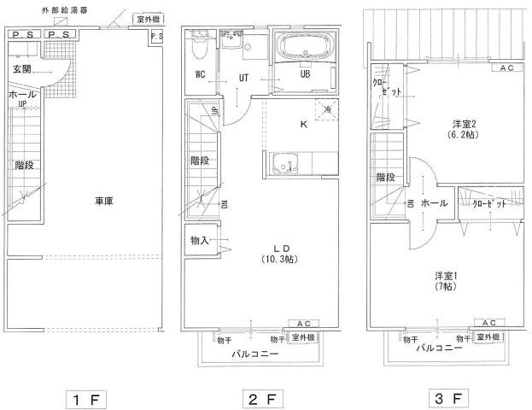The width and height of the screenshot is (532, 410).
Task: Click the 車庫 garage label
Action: tap(104, 202)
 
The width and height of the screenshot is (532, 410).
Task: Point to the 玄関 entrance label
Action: tap(22, 68)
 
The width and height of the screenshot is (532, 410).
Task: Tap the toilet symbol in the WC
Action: tap(199, 40)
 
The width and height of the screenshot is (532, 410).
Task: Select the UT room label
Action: tap(243, 76)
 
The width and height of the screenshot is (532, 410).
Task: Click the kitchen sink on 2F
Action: tap(284, 161)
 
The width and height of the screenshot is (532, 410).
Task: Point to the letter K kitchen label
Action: tap(303, 125)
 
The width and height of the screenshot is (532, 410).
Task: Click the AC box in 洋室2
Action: tap(506, 67)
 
